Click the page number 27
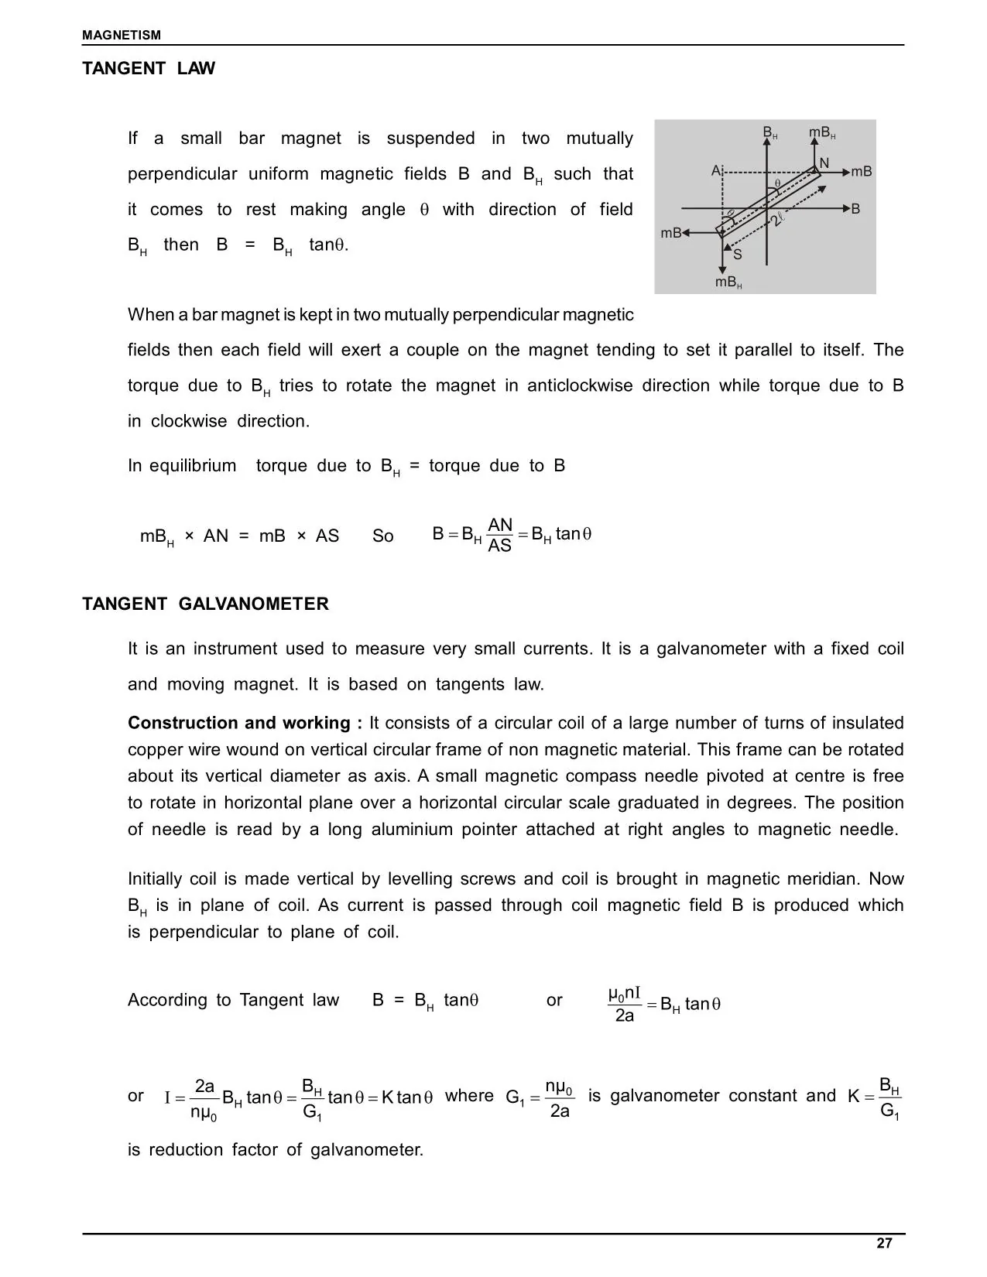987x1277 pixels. click(884, 1244)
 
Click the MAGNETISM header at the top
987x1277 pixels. click(122, 35)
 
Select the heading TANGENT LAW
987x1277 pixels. click(149, 68)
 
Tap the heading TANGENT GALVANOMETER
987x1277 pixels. click(205, 604)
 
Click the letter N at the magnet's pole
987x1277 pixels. click(824, 163)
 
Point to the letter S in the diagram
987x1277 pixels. click(737, 254)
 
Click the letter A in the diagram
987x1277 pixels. click(716, 170)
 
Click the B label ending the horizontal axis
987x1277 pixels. click(855, 209)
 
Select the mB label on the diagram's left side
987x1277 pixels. click(670, 232)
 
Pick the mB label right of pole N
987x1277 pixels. click(862, 172)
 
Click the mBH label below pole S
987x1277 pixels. click(728, 282)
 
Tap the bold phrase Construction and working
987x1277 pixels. click(245, 723)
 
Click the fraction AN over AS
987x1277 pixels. click(500, 536)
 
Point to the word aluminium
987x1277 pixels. click(412, 830)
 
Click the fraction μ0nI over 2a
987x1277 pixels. click(625, 1005)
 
